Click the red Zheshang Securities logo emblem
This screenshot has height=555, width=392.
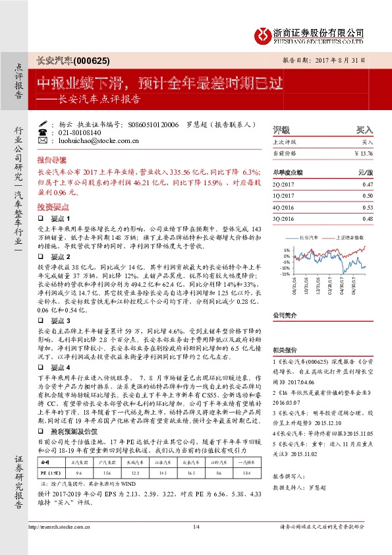point(264,33)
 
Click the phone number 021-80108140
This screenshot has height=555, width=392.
point(80,132)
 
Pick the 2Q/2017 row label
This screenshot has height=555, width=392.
point(282,186)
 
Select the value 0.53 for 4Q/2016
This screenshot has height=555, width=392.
point(368,207)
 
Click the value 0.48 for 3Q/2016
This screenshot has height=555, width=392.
point(368,218)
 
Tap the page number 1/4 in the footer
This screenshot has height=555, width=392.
point(196,544)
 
